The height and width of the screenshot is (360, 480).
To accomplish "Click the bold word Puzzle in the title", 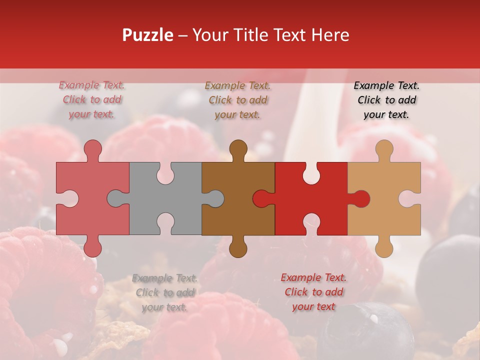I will (x=148, y=35).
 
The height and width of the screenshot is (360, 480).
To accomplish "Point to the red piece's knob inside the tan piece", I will (x=360, y=198).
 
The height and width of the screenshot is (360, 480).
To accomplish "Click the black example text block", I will (x=386, y=100).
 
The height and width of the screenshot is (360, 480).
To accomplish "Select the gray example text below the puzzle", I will (x=164, y=292).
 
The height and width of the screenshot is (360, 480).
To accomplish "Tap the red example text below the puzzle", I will (x=313, y=292).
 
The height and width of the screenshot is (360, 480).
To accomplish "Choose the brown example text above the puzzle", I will (x=238, y=100).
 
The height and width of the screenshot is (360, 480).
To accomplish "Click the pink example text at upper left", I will (x=92, y=99).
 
